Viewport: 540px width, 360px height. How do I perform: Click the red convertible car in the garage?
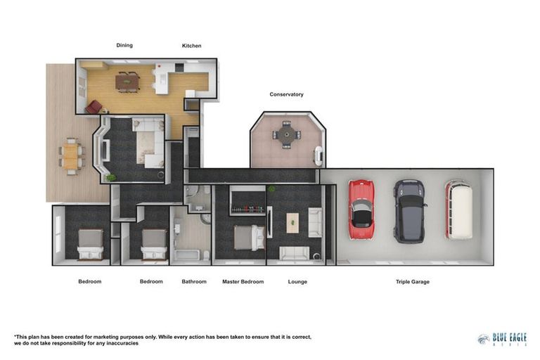tap(361, 210)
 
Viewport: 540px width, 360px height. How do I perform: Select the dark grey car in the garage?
tap(409, 210)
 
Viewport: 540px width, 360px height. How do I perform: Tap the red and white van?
tap(458, 210)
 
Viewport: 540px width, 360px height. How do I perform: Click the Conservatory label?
tap(286, 94)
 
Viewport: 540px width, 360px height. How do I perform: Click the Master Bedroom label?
tap(243, 282)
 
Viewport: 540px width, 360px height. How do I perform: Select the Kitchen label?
tap(191, 46)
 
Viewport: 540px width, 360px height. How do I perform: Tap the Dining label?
tap(124, 46)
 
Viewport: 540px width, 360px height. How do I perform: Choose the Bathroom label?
tap(194, 282)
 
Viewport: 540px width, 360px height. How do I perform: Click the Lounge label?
tap(297, 282)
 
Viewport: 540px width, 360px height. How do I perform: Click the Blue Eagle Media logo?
tap(501, 339)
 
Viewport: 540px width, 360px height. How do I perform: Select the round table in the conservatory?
tap(286, 134)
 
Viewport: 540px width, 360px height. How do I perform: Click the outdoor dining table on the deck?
tap(70, 156)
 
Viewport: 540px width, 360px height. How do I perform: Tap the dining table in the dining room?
tap(128, 82)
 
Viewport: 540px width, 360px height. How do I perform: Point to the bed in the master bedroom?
tap(246, 238)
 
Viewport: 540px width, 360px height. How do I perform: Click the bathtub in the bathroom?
tap(188, 251)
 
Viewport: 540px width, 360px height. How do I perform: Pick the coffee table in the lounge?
tap(292, 223)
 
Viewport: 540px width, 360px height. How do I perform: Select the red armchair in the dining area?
tap(94, 107)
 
